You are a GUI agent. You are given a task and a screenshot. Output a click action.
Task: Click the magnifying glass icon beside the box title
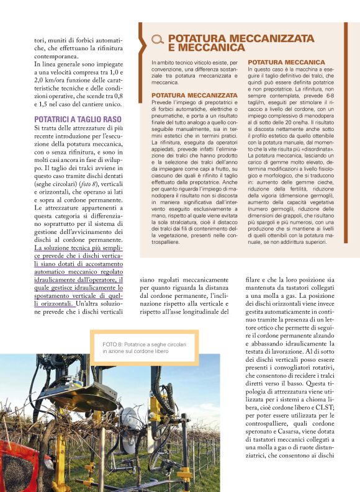point(157,41)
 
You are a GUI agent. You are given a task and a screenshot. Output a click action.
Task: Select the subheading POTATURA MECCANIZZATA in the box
point(194,95)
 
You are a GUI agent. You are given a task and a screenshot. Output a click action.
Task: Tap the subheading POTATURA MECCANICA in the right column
point(287,63)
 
